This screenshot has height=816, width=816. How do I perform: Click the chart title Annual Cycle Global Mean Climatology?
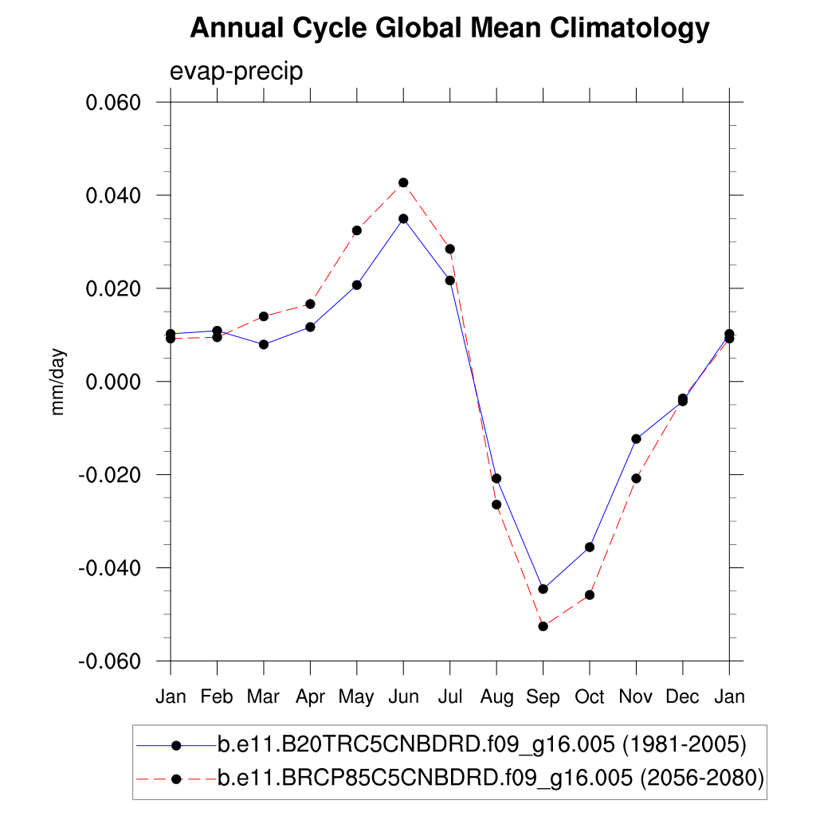(x=449, y=29)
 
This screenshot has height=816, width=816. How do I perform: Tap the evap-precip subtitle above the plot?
(x=237, y=71)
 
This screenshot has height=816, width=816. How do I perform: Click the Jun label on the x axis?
(x=403, y=697)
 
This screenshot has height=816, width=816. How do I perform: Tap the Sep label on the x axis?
(x=543, y=697)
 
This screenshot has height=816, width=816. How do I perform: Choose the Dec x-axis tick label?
(x=682, y=697)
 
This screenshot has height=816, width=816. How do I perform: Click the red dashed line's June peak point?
(x=403, y=182)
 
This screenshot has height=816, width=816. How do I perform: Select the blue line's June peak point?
(x=403, y=218)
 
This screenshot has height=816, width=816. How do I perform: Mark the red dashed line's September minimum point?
(x=543, y=626)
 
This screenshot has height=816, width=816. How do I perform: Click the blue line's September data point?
(x=543, y=589)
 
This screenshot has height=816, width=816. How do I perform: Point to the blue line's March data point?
(x=264, y=344)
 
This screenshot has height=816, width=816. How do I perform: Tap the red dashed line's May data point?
(x=357, y=230)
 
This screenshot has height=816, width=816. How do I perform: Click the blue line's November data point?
(x=636, y=439)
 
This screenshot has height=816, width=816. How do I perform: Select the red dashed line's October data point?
(x=590, y=595)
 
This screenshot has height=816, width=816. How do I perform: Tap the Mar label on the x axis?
(x=264, y=697)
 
